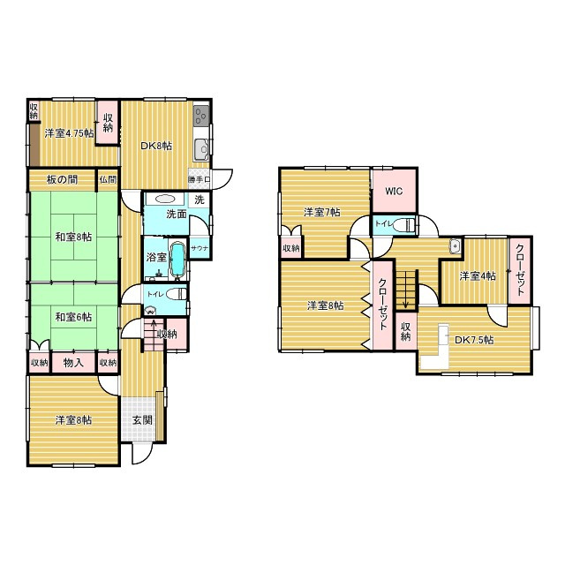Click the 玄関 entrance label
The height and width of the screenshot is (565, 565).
142,420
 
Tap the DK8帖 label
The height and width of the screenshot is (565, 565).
156,146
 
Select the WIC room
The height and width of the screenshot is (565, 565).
394,191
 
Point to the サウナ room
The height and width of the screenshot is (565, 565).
200,247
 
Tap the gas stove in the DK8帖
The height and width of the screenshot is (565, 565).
201,116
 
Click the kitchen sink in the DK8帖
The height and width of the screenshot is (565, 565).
201,149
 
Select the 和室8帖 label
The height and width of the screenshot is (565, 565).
73,237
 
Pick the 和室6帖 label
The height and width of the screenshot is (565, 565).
73,317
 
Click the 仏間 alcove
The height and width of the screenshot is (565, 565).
108,179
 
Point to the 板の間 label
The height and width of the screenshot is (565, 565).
63,179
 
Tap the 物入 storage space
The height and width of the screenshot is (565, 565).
73,363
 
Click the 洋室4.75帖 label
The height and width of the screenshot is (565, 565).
69,133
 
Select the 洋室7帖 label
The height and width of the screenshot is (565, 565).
321,212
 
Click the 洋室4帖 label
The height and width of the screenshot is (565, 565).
478,276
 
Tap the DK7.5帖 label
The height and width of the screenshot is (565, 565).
474,340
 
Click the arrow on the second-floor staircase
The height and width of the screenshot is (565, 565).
406,290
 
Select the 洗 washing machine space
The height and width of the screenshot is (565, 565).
200,200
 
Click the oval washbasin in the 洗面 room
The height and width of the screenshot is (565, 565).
165,200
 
